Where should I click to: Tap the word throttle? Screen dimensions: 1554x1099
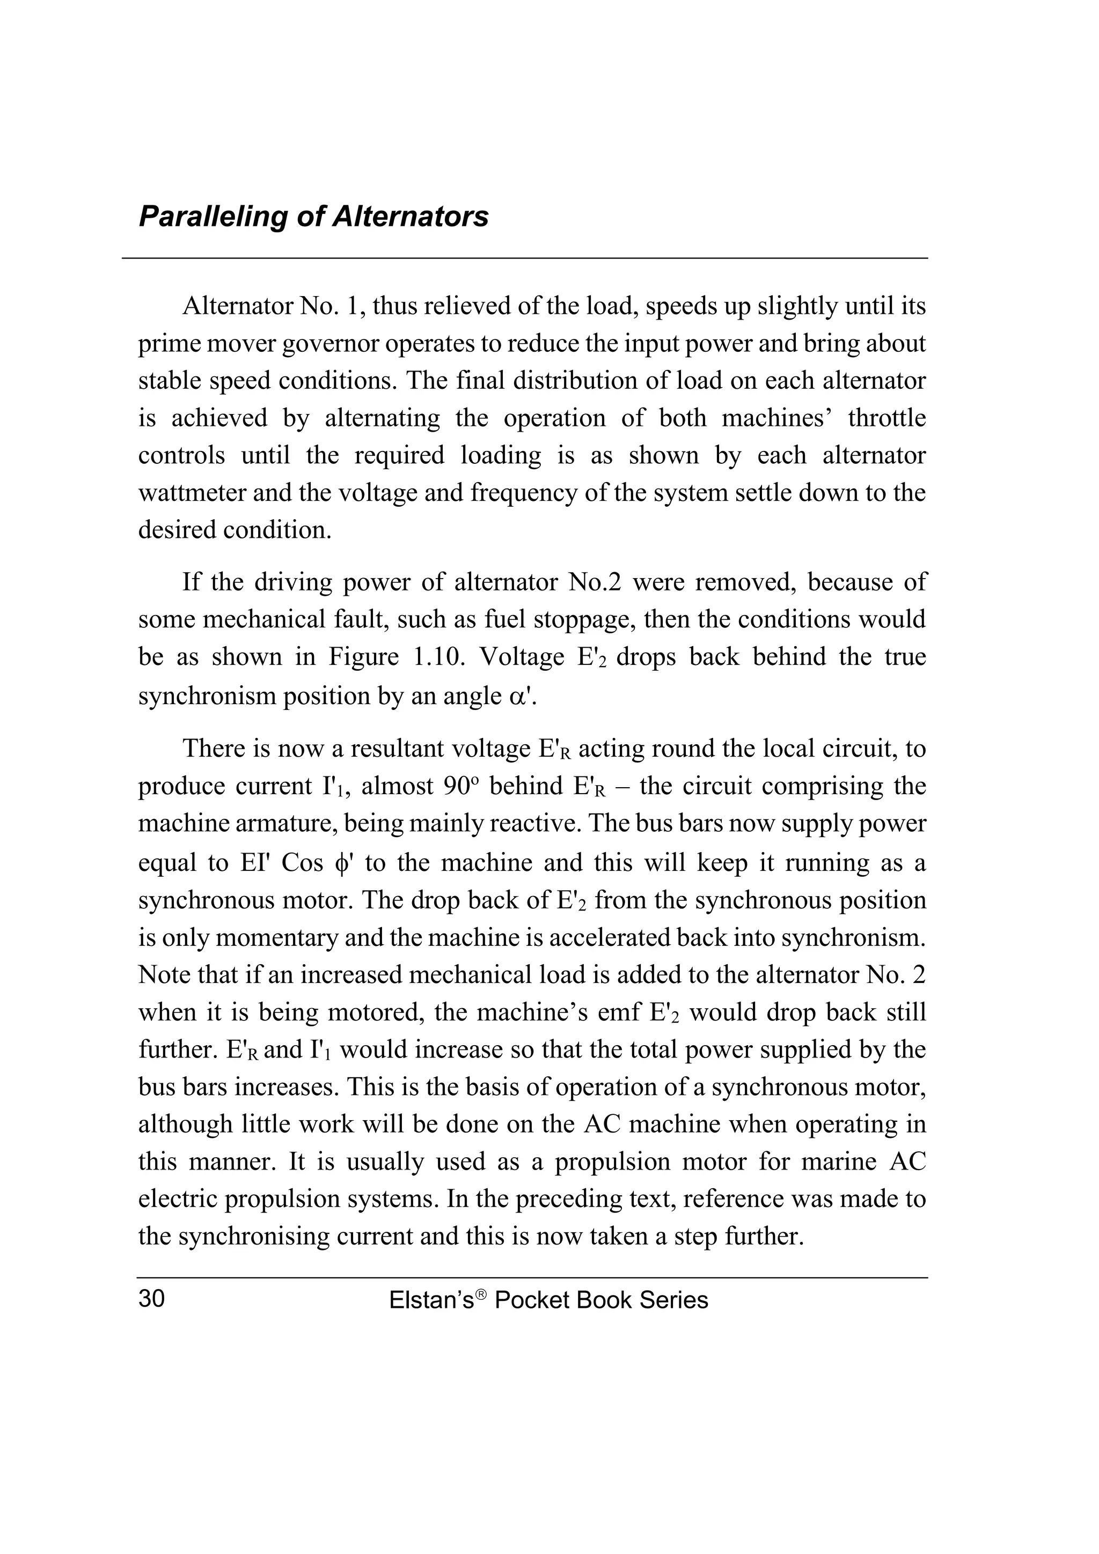886,418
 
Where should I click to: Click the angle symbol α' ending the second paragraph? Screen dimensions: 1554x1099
522,697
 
